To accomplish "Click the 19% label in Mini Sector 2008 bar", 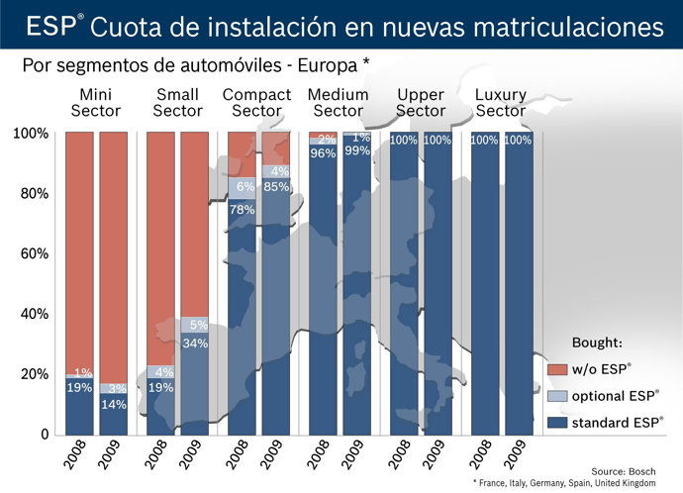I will coord(79,388).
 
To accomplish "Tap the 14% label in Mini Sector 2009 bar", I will coord(114,404).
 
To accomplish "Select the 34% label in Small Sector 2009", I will coord(195,344).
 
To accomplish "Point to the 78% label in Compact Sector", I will coord(243,210).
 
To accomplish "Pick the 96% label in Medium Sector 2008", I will coord(324,153).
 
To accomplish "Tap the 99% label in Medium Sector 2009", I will coord(357,150).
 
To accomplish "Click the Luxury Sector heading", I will coord(501,103).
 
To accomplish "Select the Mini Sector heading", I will coord(96,103).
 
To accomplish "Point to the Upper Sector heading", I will coord(421,103).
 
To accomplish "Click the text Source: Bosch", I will coord(624,471).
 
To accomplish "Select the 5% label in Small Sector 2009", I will coord(198,325).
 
